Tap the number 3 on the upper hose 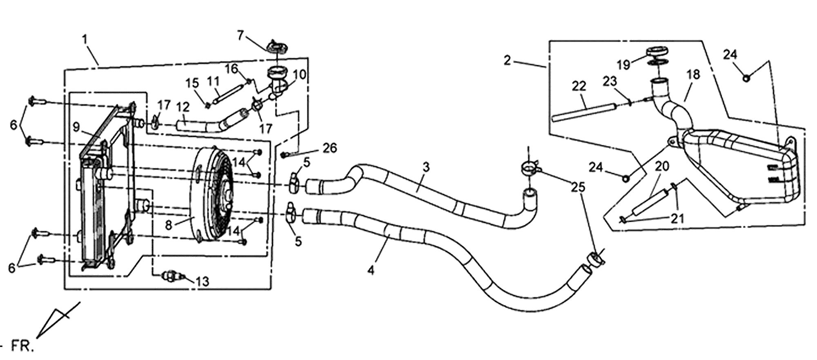click(426, 168)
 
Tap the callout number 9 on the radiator click(76, 127)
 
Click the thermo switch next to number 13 click(172, 276)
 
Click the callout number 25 click(578, 187)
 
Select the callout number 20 click(662, 166)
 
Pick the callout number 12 click(183, 107)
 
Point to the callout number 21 click(677, 219)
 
